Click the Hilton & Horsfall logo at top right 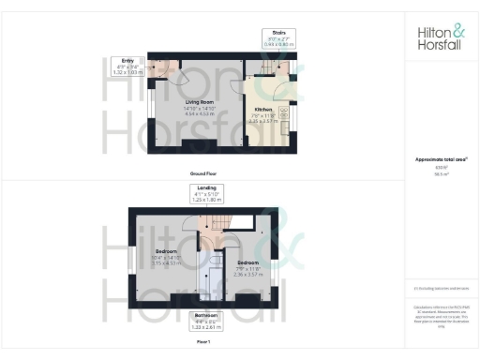[440, 37]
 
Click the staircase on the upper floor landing [211, 226]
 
